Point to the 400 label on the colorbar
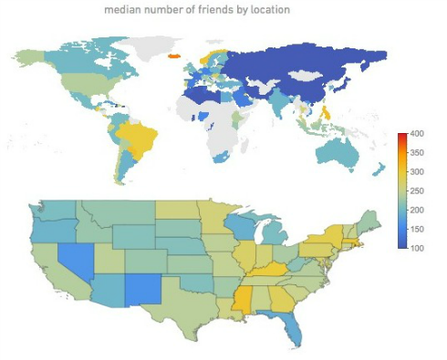[x=418, y=134]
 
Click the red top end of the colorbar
[x=401, y=136]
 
